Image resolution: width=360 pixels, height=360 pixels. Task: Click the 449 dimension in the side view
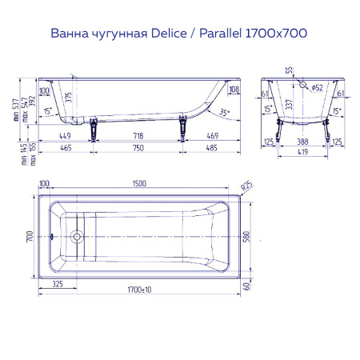[x=66, y=136]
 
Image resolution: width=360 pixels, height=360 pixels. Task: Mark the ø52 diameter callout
[x=318, y=86]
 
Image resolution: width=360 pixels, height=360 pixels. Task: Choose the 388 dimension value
[x=304, y=137]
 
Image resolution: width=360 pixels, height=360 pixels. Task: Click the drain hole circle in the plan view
[x=78, y=237]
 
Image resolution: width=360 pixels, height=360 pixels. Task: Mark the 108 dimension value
[x=234, y=90]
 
